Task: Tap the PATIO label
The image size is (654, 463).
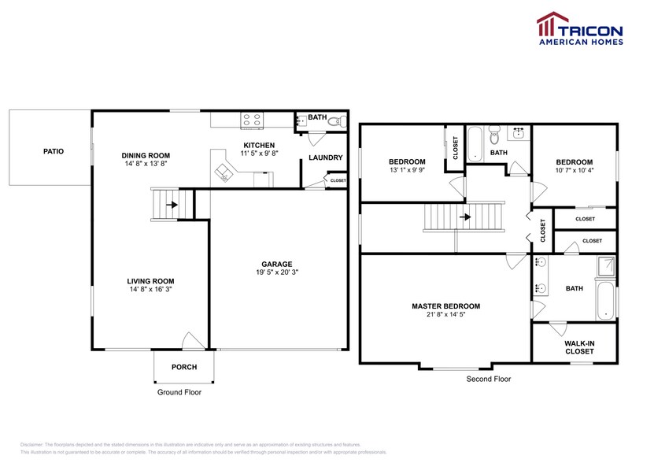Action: [x=54, y=150]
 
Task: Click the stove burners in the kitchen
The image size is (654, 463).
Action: [x=253, y=120]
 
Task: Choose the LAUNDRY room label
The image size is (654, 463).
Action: [x=325, y=157]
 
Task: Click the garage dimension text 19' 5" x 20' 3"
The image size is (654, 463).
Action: [x=276, y=272]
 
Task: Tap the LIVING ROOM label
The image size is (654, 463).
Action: [x=150, y=281]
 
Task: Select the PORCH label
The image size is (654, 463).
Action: [x=183, y=367]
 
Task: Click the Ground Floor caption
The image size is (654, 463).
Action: [x=179, y=391]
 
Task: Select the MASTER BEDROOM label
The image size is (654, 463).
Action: [x=445, y=306]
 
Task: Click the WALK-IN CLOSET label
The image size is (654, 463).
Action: [x=578, y=347]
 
